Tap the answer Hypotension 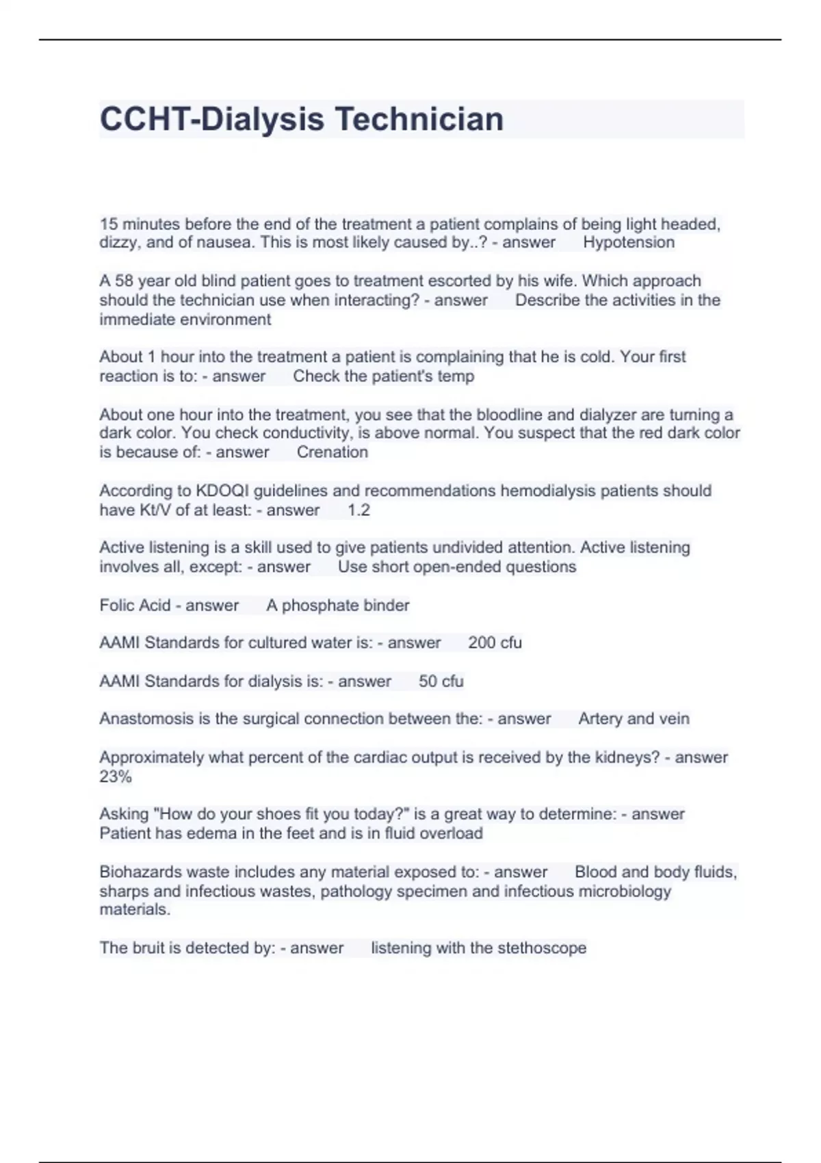pos(628,242)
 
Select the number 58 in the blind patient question pos(124,281)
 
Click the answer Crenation pos(332,452)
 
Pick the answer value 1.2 pos(359,510)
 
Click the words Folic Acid pos(135,605)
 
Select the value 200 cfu pos(495,643)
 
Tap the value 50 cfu pos(441,681)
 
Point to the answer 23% pos(116,777)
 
